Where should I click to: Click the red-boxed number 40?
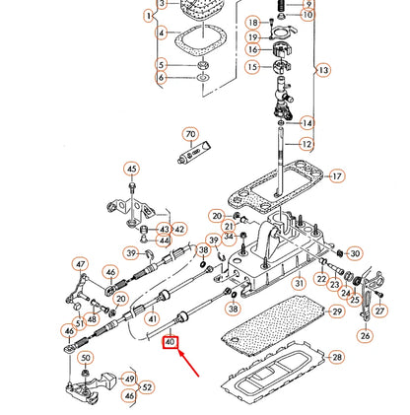coord(171,343)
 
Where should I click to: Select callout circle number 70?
coord(191,133)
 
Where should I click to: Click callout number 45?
coord(130,169)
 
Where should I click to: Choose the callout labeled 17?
coord(337,176)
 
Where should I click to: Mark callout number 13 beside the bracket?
coord(323,70)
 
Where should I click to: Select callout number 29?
coord(336,311)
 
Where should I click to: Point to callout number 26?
coord(366,335)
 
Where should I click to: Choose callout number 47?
coord(81,264)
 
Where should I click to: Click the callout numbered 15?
coord(252,67)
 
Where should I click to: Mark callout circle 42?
coord(178,229)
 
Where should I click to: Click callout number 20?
coord(217,215)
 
